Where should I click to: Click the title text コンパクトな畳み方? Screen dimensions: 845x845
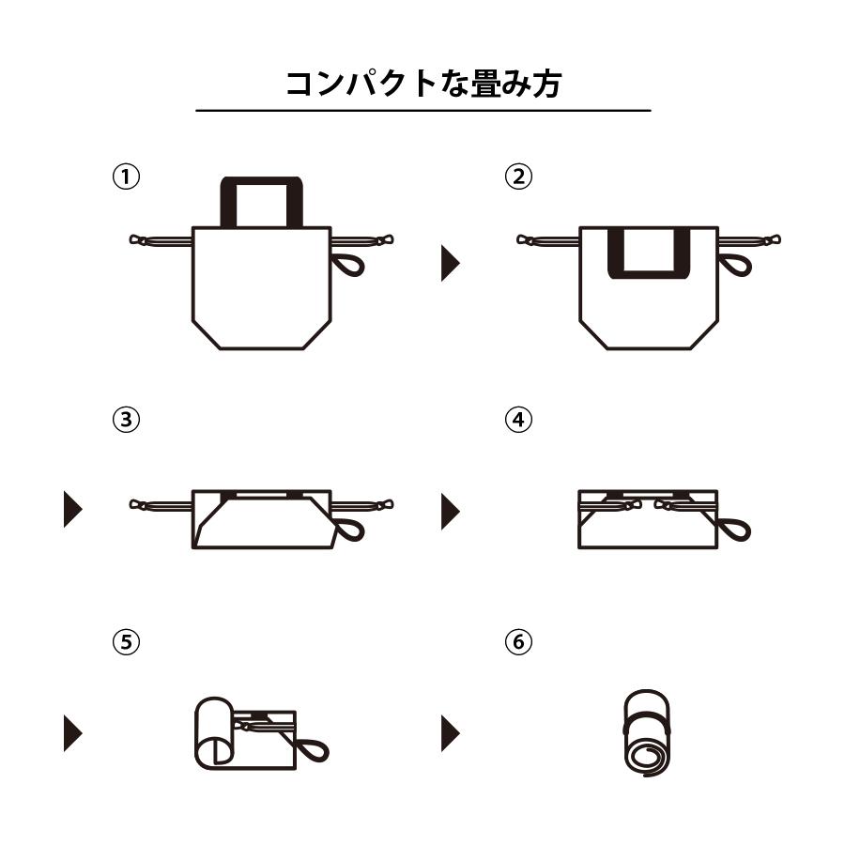coord(422,83)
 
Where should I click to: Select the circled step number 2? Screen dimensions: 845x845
coord(518,177)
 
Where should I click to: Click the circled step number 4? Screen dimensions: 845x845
coord(518,420)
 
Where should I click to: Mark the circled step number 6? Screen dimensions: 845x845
coord(518,642)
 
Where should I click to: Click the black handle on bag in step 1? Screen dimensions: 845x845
coord(261,182)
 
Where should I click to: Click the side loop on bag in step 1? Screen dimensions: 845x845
coord(351,264)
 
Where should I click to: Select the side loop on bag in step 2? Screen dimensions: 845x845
coord(739,264)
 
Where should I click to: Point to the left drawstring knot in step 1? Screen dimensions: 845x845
coord(140,240)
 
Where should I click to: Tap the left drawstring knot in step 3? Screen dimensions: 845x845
coord(140,505)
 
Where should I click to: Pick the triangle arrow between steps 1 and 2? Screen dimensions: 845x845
coord(451,263)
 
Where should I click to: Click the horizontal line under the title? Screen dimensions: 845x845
coord(422,111)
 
